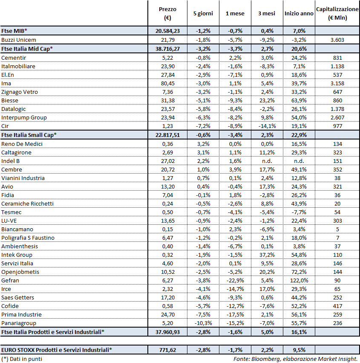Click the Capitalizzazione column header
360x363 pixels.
[x=337, y=13]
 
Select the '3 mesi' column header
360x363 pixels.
[x=266, y=14]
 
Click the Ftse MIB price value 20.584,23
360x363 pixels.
[x=167, y=31]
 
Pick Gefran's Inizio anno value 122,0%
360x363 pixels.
[x=299, y=280]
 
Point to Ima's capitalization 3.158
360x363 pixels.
[x=337, y=83]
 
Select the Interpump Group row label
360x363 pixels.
[x=24, y=117]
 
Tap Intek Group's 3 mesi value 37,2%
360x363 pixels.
[x=267, y=255]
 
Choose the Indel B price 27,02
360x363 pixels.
[x=167, y=161]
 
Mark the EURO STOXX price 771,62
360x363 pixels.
[x=167, y=350]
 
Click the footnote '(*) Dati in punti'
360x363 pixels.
[x=22, y=359]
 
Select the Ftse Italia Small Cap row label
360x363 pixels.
[x=29, y=135]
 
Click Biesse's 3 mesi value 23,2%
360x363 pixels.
[x=267, y=100]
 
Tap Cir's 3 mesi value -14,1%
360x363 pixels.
[x=267, y=126]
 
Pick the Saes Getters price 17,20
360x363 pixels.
[x=167, y=297]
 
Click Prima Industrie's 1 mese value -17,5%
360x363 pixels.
[x=235, y=314]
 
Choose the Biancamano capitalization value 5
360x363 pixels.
[x=337, y=229]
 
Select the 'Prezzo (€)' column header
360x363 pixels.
[x=167, y=13]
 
